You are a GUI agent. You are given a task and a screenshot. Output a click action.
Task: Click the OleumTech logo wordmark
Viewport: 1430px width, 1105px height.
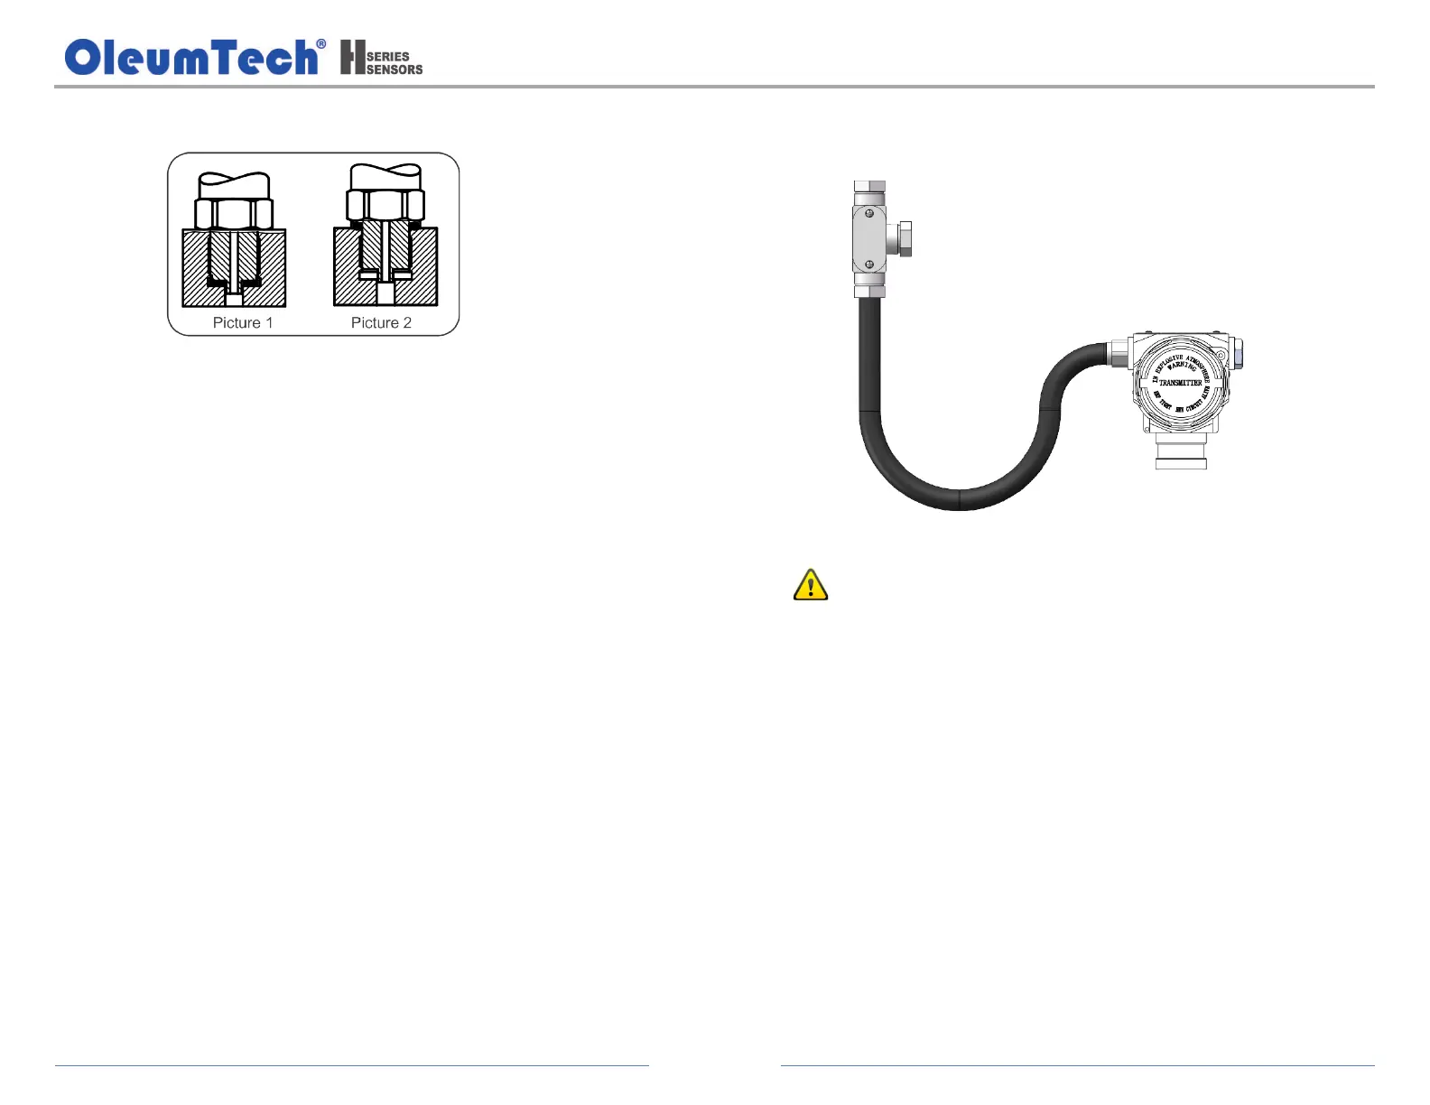191,58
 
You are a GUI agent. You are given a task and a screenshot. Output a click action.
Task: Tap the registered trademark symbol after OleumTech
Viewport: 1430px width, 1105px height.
321,44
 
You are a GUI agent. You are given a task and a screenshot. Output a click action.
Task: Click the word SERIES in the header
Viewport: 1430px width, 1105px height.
388,56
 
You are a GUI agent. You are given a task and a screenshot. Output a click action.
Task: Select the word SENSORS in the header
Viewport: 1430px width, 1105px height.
395,70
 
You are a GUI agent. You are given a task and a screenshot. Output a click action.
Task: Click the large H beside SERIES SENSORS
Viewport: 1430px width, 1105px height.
352,57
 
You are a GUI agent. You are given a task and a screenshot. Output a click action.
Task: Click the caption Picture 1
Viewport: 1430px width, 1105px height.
242,323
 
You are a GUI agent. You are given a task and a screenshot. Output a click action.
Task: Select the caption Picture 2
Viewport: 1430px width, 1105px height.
381,323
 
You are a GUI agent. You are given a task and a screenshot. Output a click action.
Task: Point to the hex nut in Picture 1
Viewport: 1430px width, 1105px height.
234,214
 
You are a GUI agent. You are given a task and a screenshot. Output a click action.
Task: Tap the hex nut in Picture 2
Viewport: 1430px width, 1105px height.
385,205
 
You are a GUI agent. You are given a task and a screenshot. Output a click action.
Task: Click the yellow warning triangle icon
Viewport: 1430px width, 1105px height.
811,586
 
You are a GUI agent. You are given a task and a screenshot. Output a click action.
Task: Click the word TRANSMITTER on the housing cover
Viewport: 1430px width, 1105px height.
1180,383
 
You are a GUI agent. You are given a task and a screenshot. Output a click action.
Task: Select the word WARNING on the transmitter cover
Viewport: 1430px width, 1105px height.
1182,367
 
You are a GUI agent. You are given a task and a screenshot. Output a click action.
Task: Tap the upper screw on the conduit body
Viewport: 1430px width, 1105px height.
868,214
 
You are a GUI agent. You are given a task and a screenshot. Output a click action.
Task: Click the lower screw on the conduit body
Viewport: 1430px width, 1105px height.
868,265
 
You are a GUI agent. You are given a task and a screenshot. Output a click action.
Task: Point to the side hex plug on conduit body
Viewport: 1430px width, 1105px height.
900,239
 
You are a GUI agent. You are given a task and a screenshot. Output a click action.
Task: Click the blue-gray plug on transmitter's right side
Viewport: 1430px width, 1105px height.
1237,353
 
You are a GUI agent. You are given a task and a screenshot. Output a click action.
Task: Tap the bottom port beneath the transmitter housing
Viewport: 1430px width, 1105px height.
1181,451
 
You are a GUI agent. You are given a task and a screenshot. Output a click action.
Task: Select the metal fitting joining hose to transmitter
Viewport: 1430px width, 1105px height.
1119,353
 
